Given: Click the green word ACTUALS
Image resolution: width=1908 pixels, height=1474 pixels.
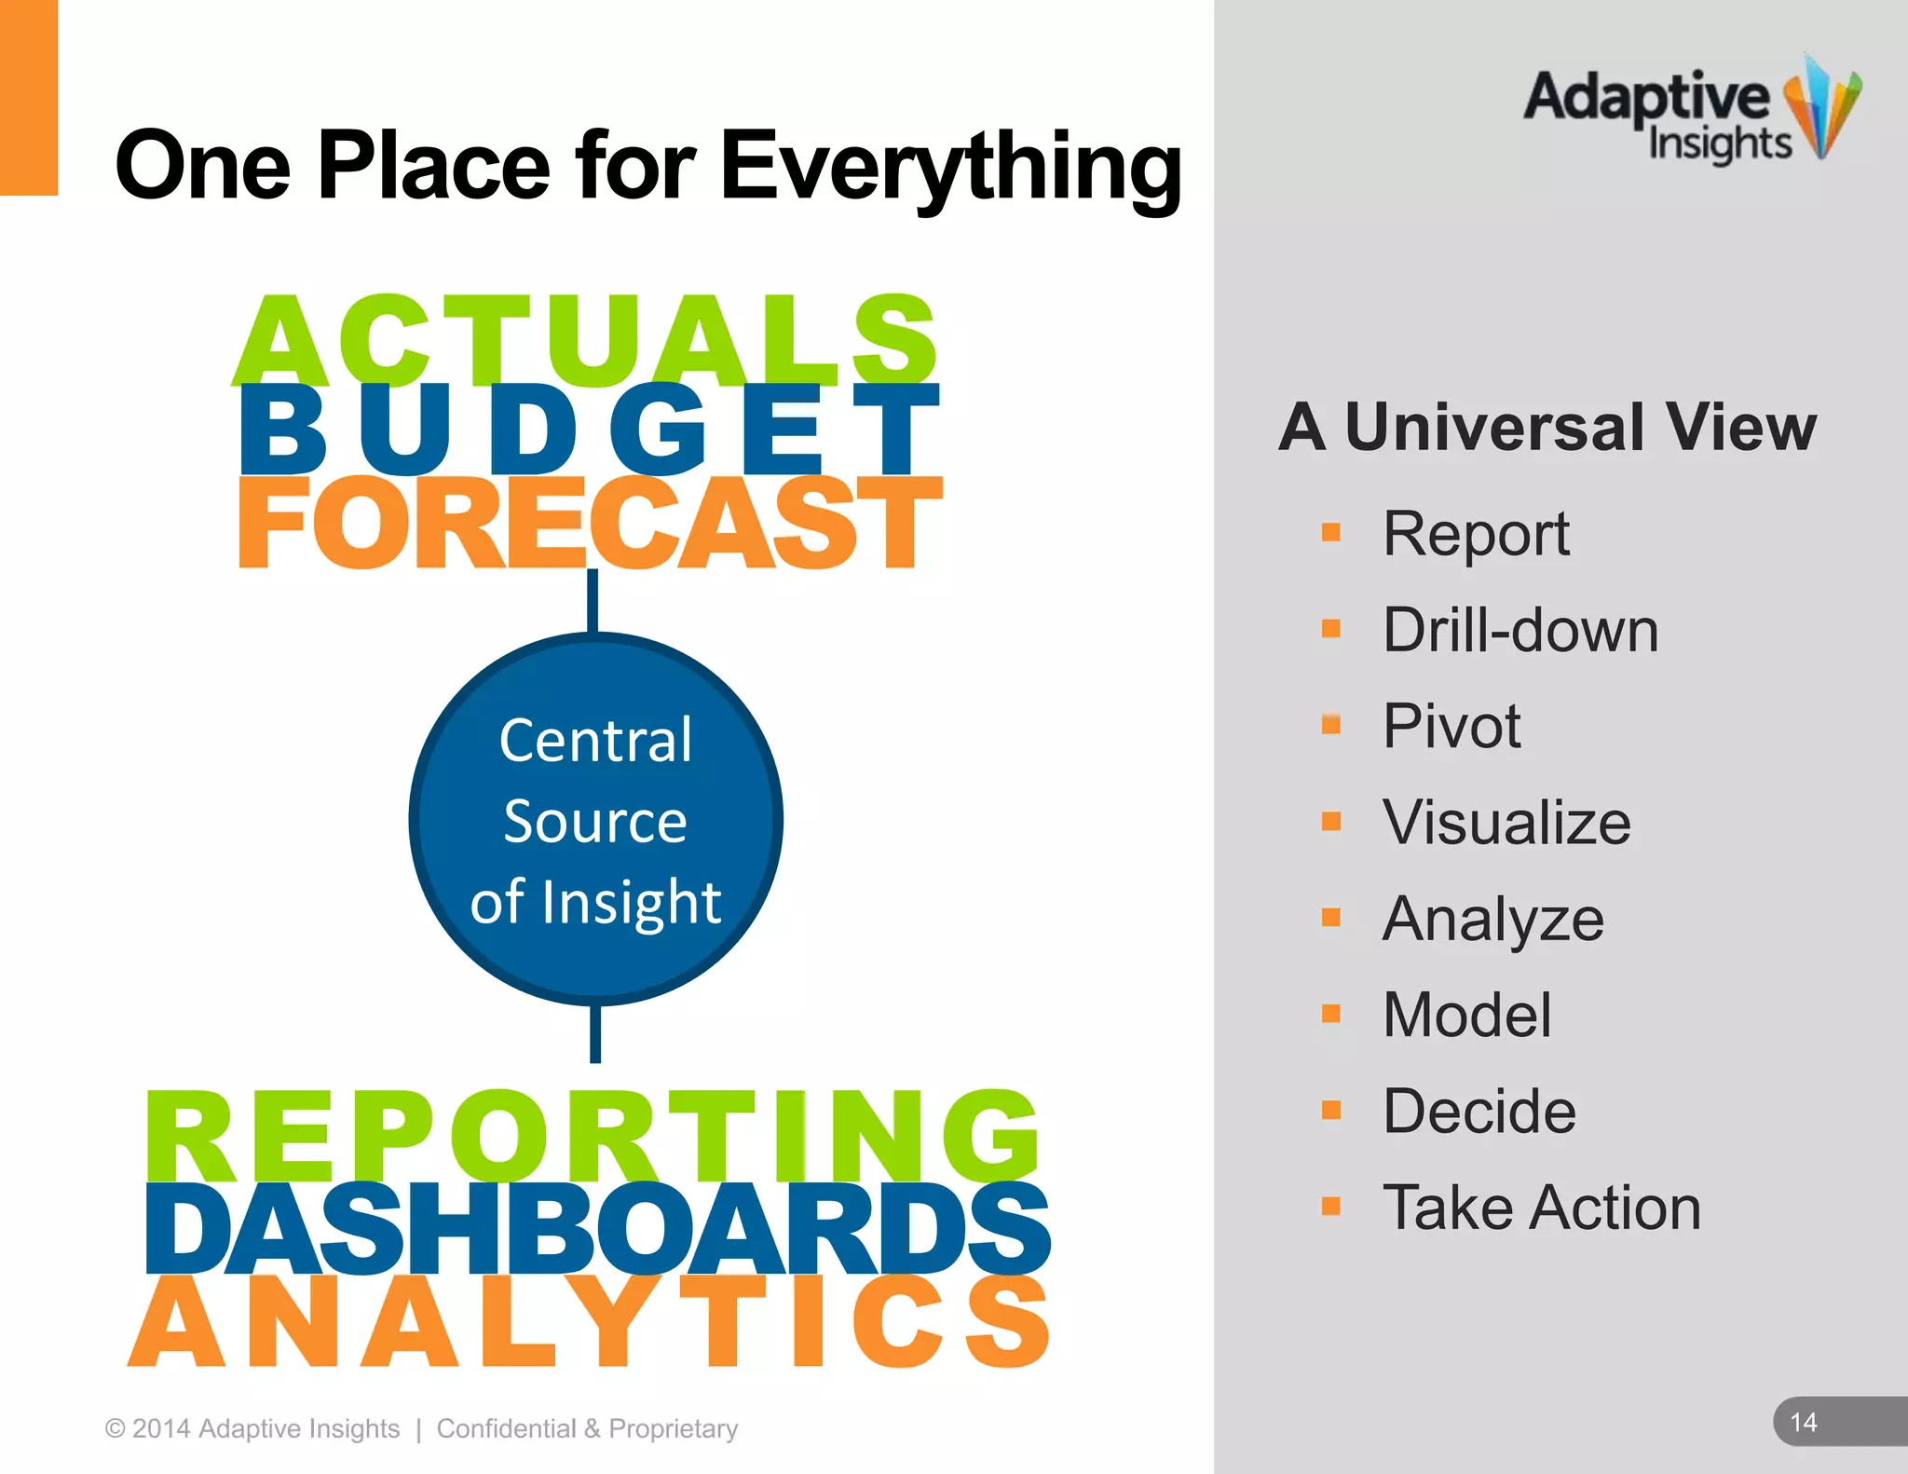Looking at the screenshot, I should (x=585, y=340).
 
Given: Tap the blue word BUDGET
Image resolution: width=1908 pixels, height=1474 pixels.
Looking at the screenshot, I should (x=589, y=430).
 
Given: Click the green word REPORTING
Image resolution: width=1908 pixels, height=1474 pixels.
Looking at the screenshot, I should (x=593, y=1137).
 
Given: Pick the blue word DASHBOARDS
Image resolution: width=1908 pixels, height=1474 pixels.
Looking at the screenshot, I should (x=596, y=1228).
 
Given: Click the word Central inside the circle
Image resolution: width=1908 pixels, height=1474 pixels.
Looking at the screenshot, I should (x=595, y=742).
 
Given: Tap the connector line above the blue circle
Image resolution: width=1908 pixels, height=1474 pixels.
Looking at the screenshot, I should (x=593, y=601).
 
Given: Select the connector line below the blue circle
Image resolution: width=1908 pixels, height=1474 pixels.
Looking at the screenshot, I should (x=595, y=1034).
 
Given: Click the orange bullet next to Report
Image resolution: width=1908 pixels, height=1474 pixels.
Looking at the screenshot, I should (x=1331, y=533).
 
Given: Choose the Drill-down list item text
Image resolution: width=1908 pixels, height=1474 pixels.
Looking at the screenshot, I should (x=1520, y=631).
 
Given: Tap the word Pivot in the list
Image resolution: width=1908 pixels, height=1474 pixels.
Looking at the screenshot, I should (x=1451, y=727).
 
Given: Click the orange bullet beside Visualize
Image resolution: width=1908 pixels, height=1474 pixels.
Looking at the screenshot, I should (x=1331, y=821).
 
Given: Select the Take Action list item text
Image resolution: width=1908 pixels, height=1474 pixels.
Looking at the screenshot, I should (x=1542, y=1208).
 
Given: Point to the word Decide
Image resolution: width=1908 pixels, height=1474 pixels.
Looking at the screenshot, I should (x=1479, y=1112).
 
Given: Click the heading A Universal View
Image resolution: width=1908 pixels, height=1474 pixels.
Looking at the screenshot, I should (x=1547, y=428).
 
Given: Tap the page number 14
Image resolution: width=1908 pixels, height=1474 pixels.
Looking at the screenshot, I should (x=1804, y=1423).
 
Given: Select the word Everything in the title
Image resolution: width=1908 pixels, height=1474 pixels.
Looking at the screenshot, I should (x=950, y=166).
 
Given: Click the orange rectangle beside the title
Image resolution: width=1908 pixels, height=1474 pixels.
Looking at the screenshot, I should (x=28, y=97).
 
